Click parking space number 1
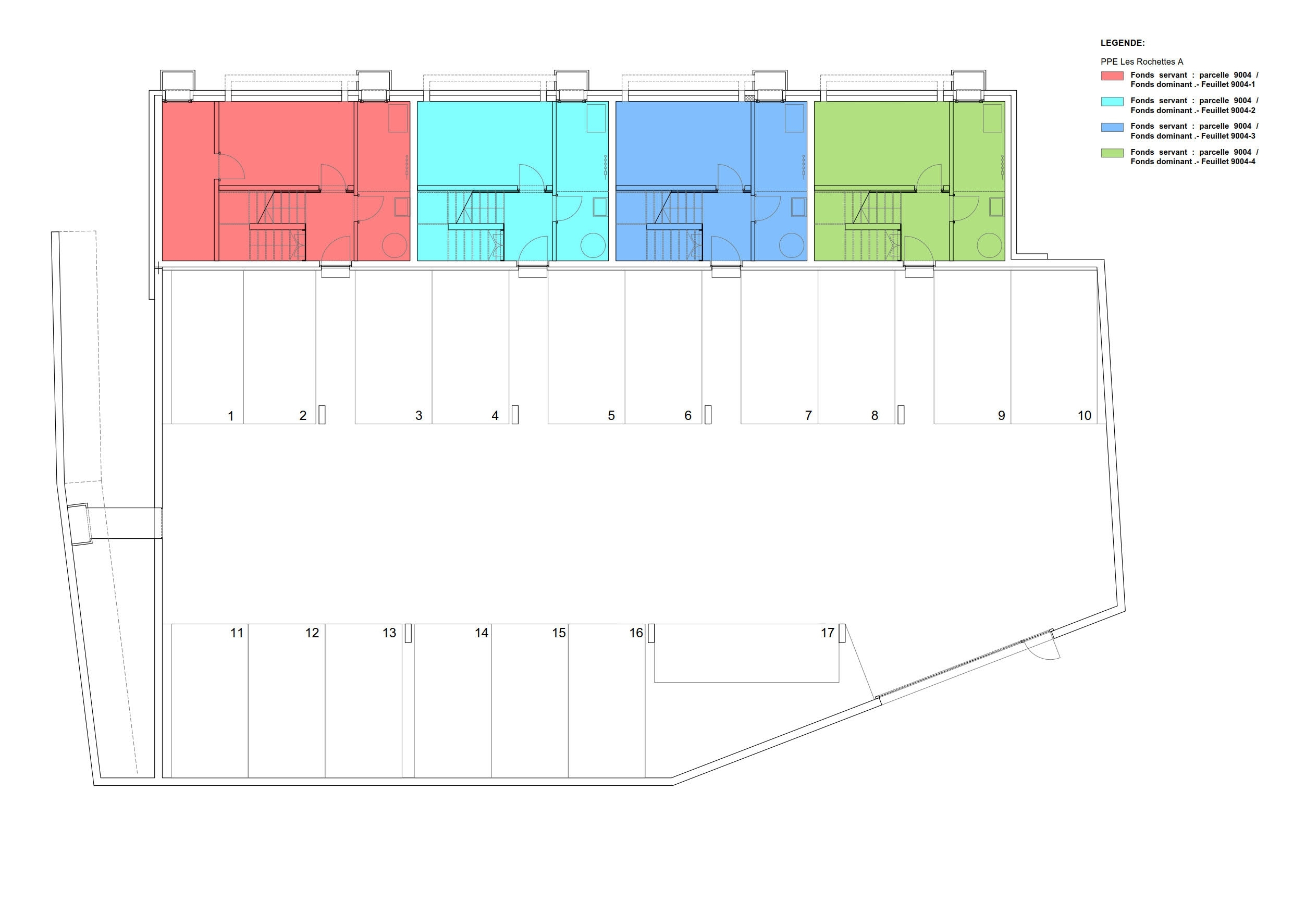tap(230, 416)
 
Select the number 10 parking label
tap(1084, 416)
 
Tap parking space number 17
tap(827, 633)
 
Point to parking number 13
tap(389, 633)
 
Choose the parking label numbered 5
tap(611, 416)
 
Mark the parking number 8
tap(874, 416)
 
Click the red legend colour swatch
tap(1112, 76)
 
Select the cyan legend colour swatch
tap(1112, 102)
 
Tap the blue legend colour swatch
tap(1112, 127)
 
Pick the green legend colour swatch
tap(1112, 153)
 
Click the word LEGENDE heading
tap(1123, 43)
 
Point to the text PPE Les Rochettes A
tap(1141, 62)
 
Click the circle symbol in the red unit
tap(395, 245)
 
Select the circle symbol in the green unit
tap(989, 245)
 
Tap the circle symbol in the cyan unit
tap(594, 245)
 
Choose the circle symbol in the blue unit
tap(792, 245)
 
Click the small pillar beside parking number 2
tap(322, 414)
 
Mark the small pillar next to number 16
tap(651, 633)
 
